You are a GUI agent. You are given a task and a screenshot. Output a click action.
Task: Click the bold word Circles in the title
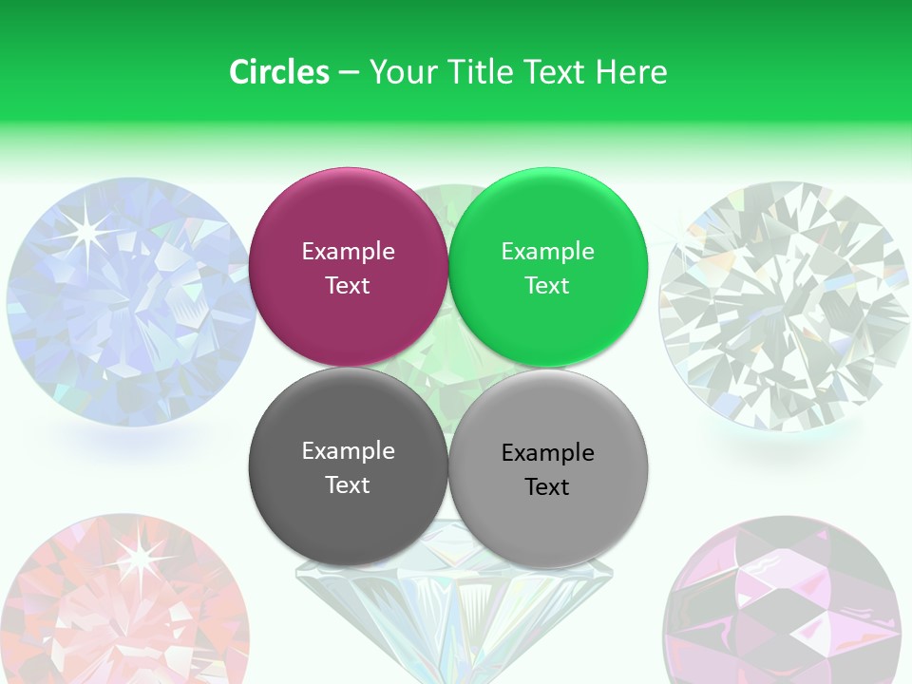(278, 72)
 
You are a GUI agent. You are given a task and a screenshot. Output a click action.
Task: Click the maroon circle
(348, 267)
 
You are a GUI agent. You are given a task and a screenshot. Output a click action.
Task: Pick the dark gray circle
(348, 467)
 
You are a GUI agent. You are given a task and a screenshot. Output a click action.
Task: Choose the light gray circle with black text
(548, 468)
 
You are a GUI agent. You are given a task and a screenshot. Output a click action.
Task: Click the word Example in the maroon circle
(348, 252)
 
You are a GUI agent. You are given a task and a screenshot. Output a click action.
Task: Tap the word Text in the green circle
(547, 286)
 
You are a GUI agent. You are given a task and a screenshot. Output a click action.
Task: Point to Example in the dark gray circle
(348, 451)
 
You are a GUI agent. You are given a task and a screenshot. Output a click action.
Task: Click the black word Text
(547, 487)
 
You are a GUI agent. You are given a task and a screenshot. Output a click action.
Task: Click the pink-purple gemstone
(781, 603)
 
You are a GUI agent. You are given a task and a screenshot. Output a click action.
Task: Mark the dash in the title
(349, 73)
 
